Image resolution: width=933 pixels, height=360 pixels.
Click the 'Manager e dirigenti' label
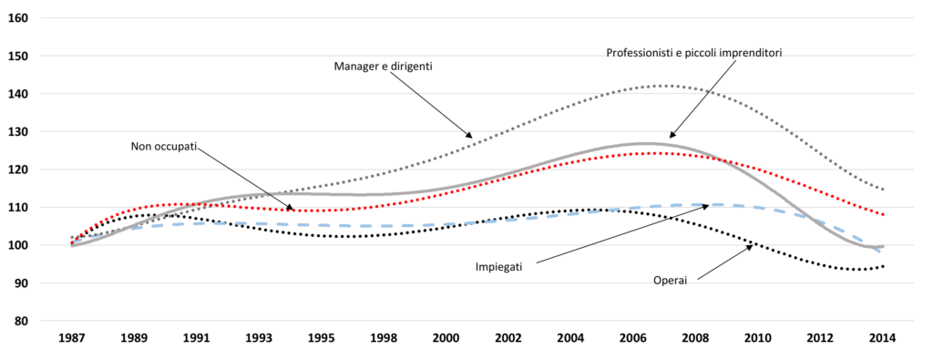tap(383, 67)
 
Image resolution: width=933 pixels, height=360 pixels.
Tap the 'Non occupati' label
tap(164, 147)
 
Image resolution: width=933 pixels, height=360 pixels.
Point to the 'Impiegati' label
tap(498, 266)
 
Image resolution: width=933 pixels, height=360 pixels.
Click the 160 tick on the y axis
tap(19, 17)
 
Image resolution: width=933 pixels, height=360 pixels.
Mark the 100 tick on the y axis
tap(19, 245)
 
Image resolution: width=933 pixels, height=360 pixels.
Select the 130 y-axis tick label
tap(19, 131)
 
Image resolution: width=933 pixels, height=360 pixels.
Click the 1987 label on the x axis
tap(71, 338)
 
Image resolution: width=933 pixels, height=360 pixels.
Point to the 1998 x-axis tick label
tap(384, 338)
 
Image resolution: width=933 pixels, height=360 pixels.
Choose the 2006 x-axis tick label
tap(633, 338)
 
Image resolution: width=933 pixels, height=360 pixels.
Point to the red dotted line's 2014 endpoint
tap(883, 214)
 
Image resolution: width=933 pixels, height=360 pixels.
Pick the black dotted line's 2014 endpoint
tap(883, 266)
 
